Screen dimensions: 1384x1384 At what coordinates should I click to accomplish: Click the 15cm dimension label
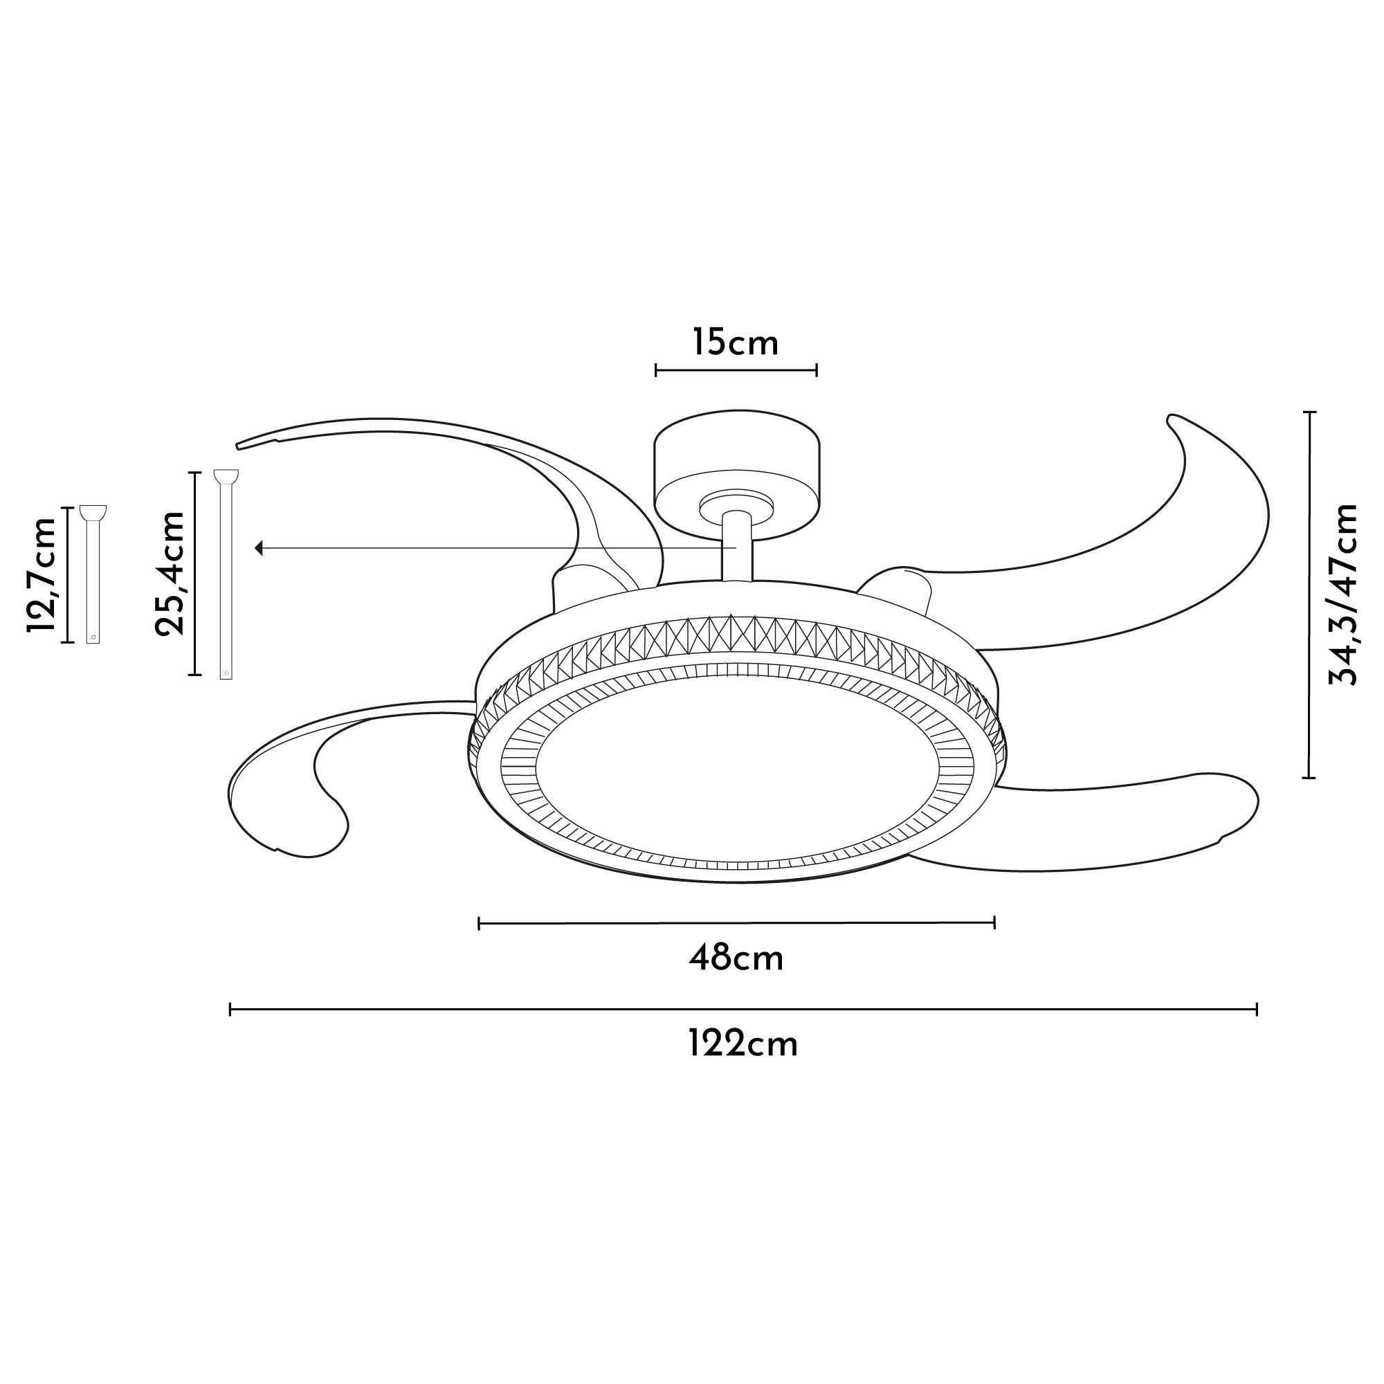735,343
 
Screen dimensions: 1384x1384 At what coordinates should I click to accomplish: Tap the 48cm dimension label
736,958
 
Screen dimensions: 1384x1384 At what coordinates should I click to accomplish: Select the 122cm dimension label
743,1044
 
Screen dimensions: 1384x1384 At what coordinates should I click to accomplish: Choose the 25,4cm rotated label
170,573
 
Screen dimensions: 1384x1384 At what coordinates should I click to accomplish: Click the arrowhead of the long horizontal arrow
259,548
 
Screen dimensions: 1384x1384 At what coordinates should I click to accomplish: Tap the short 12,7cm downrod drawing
93,573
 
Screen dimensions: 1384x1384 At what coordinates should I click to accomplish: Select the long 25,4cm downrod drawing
226,573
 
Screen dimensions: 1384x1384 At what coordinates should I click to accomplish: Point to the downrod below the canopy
736,548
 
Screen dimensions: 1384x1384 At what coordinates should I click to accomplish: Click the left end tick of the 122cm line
230,1010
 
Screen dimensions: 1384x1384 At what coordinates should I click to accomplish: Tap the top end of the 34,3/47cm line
1309,412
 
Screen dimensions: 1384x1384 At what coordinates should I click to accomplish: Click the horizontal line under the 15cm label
736,370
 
